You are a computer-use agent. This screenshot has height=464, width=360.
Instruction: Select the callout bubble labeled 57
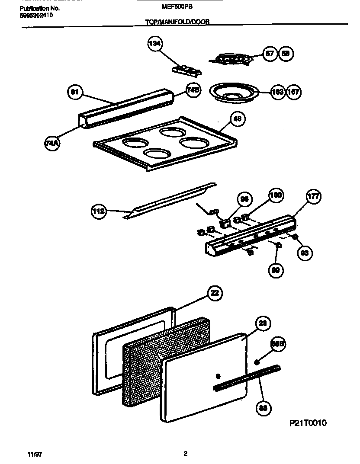[270, 54]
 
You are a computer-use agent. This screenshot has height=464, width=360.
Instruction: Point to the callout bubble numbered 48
[237, 119]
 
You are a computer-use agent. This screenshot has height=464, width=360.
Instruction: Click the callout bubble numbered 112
[99, 211]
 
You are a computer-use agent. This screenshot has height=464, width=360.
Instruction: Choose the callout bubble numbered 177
[313, 197]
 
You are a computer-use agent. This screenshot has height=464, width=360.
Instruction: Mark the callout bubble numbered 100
[276, 195]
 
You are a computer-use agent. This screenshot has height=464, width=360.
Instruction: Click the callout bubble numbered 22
[214, 293]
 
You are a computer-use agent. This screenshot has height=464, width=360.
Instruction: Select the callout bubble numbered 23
[264, 323]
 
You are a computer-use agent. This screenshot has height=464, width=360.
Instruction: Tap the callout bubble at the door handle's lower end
[262, 407]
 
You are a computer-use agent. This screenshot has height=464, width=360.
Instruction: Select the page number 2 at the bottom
[185, 454]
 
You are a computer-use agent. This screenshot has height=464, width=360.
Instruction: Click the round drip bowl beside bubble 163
[234, 92]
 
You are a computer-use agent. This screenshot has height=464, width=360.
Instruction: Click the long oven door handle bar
[247, 378]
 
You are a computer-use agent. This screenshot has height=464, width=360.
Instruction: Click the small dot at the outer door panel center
[218, 375]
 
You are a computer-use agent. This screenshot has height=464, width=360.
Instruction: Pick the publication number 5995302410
[37, 15]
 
